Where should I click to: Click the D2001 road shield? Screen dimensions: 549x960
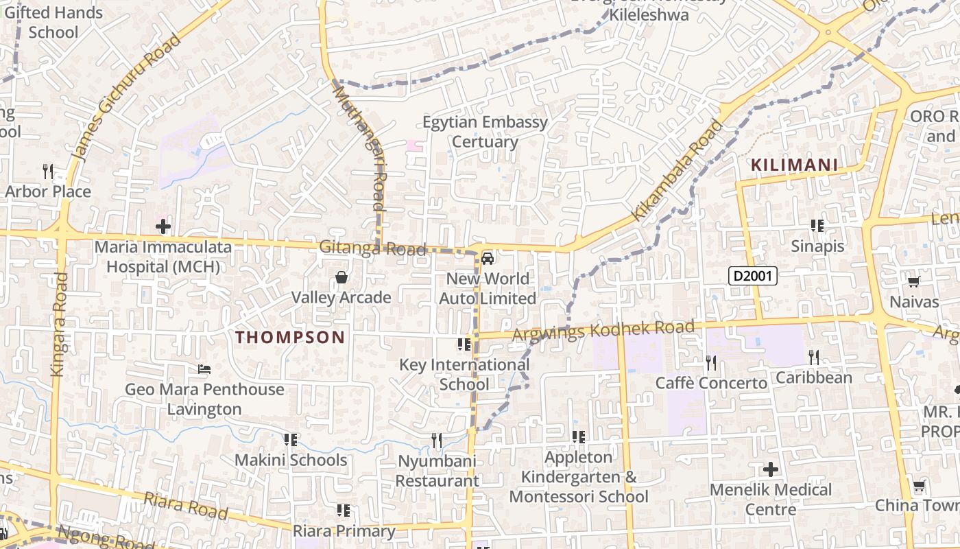point(752,277)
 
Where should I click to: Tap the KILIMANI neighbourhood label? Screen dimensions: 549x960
point(794,165)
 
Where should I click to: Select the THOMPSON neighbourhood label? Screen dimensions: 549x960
point(290,337)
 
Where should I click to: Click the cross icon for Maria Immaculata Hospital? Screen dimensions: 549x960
point(163,226)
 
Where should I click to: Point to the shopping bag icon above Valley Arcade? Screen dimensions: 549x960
point(341,277)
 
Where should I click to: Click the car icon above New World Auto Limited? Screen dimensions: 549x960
point(487,259)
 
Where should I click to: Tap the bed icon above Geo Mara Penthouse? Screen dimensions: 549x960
point(204,369)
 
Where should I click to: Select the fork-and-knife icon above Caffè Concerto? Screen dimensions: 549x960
point(711,362)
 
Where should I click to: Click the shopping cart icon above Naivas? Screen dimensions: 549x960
point(913,281)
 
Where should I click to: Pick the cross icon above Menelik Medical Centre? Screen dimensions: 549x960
point(771,469)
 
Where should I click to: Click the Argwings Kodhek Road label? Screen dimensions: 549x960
point(603,330)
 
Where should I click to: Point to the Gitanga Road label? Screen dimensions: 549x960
point(372,248)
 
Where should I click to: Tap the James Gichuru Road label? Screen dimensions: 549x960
point(126,96)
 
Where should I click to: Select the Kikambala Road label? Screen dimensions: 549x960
point(677,170)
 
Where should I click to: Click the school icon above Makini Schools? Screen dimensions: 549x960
point(290,439)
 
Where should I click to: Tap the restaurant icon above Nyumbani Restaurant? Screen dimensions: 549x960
point(436,440)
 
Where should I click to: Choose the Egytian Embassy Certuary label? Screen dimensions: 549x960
point(485,132)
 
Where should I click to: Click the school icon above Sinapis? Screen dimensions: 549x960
point(817,225)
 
